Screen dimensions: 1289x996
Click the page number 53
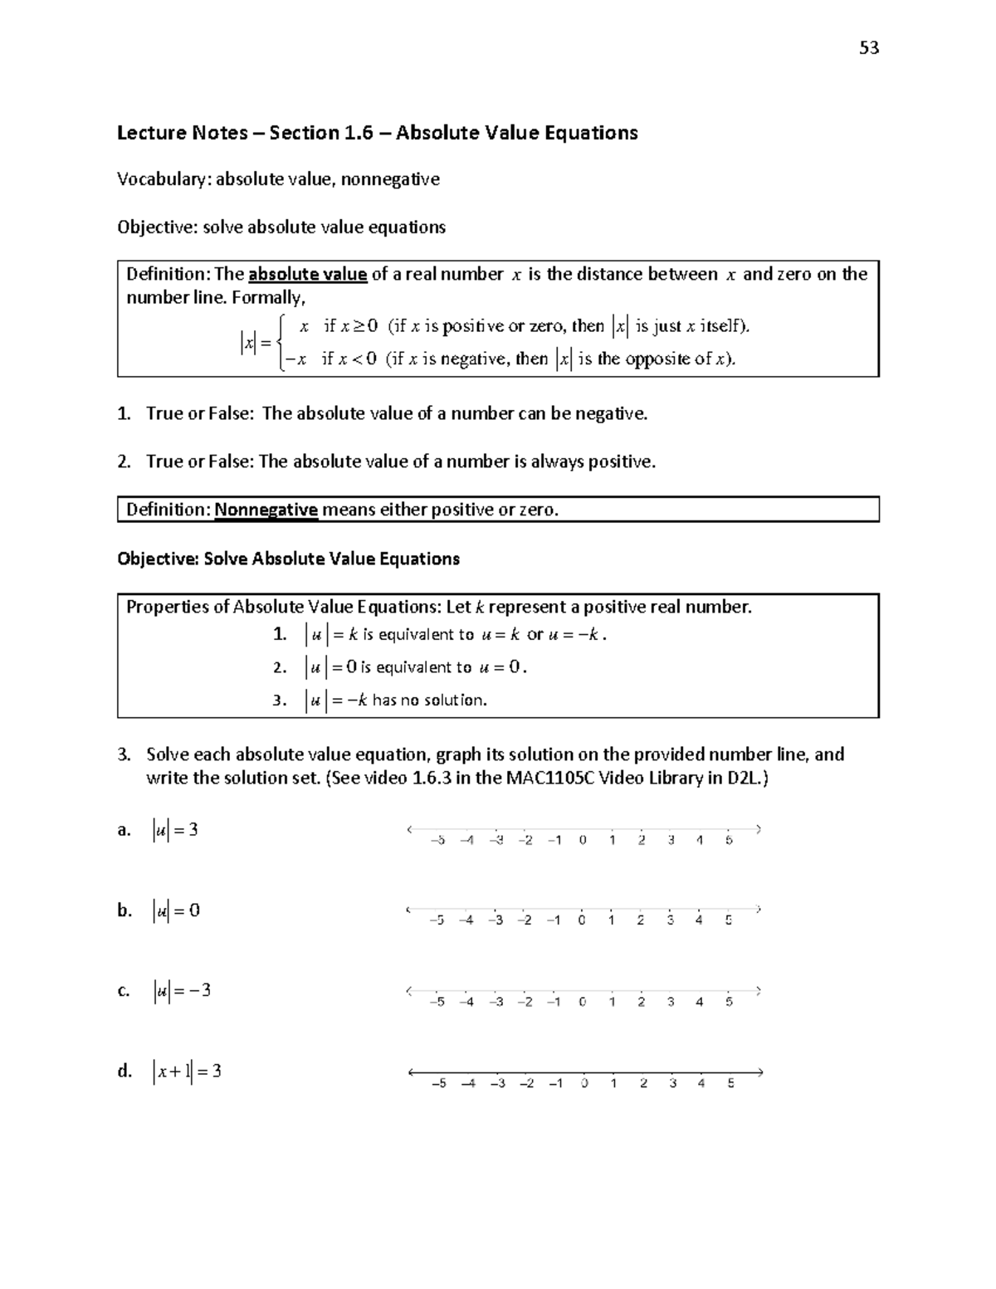pyautogui.click(x=869, y=48)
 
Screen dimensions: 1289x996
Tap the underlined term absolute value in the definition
pyautogui.click(x=307, y=275)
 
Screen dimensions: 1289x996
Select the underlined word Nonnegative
pyautogui.click(x=266, y=510)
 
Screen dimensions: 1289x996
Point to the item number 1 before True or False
pyautogui.click(x=124, y=413)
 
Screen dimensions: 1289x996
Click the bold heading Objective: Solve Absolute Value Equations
pyautogui.click(x=288, y=559)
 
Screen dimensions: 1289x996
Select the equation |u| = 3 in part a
pyautogui.click(x=175, y=830)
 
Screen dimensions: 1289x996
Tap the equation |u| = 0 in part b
pyautogui.click(x=176, y=911)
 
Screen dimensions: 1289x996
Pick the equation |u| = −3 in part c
pyautogui.click(x=181, y=990)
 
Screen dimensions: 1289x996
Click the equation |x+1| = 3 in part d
pyautogui.click(x=187, y=1071)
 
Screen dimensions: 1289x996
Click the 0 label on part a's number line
pyautogui.click(x=583, y=840)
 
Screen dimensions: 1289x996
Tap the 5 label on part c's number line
pyautogui.click(x=729, y=1002)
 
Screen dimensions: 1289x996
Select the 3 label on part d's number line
pyautogui.click(x=672, y=1083)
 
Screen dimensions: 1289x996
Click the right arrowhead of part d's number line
pyautogui.click(x=759, y=1072)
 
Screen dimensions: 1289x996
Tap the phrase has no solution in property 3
pyautogui.click(x=429, y=701)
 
